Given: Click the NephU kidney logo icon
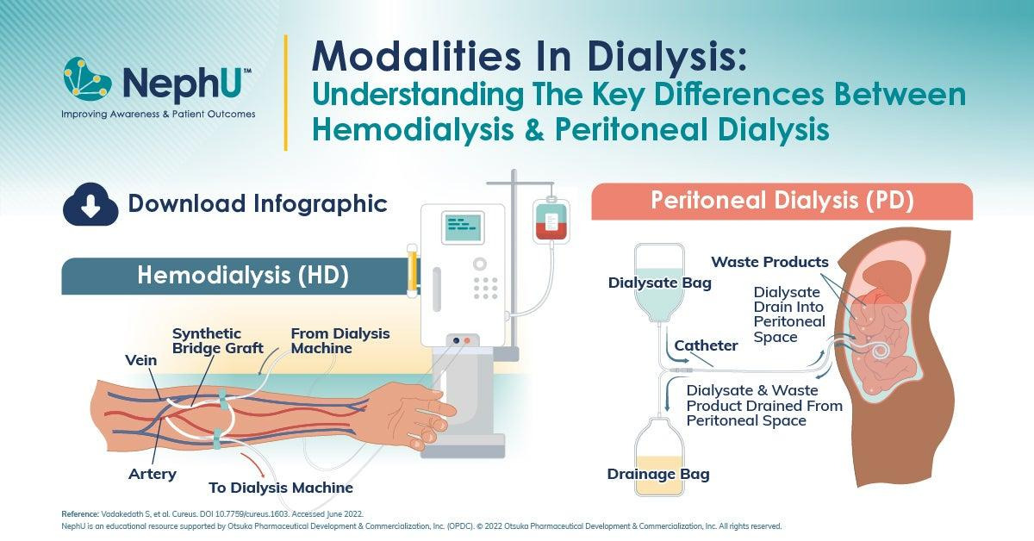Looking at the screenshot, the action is [88, 79].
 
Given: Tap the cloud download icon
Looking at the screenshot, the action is [90, 204].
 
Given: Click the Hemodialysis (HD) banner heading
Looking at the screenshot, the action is [243, 276].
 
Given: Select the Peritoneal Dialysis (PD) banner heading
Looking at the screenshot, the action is [782, 201].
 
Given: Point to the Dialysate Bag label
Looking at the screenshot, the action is [660, 283].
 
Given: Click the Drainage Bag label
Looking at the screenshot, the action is [658, 474].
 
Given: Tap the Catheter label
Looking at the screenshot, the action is [706, 345].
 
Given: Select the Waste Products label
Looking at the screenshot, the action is [769, 262].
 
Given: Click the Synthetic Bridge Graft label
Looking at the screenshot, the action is [217, 340].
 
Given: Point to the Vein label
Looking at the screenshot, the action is [140, 360].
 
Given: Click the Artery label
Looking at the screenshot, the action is [153, 474].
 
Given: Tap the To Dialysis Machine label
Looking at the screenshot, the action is [281, 488].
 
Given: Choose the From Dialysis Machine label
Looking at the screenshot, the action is [340, 340].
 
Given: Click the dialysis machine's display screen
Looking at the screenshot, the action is [463, 227].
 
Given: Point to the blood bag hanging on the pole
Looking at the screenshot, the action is [551, 220].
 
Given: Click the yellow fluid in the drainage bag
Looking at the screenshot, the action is [658, 475].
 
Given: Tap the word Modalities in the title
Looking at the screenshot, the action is [417, 56].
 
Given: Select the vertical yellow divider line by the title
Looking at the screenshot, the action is [286, 92].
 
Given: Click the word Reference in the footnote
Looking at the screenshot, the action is [80, 513].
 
